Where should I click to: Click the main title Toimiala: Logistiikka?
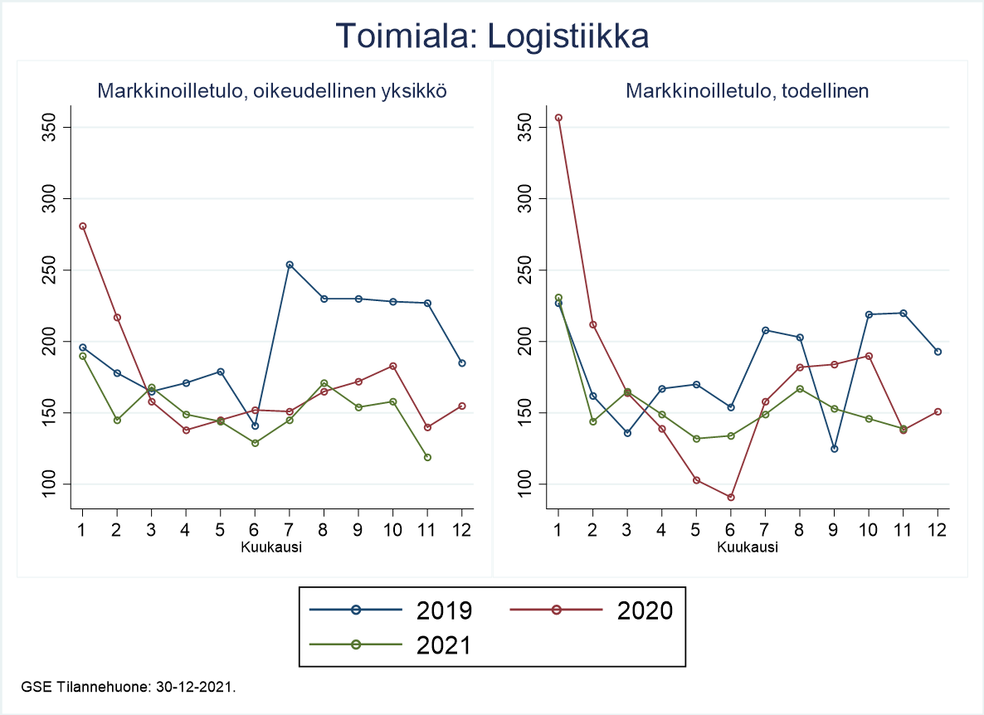coord(491,37)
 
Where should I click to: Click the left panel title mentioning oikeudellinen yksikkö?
coord(273,91)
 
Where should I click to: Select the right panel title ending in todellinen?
coord(747,91)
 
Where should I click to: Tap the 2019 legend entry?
coord(391,610)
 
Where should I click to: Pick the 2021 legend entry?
coord(391,644)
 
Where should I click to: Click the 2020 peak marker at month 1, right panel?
coord(558,118)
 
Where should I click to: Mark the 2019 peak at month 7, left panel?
coord(290,265)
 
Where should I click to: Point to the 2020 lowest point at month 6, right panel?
coord(731,497)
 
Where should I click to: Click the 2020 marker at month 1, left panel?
coord(82,226)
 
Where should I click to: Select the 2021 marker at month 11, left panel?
coord(427,457)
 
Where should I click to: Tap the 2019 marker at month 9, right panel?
coord(834,449)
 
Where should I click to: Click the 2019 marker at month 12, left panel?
coord(462,363)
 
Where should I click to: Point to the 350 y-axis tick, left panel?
coord(56,127)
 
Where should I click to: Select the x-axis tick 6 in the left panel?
coord(255,530)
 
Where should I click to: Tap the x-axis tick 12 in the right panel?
coord(938,530)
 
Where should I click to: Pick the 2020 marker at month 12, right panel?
coord(938,411)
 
